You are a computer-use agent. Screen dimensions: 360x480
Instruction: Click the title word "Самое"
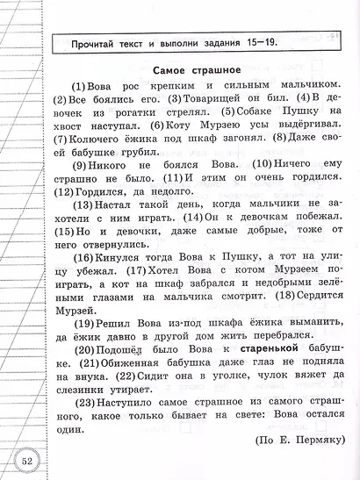click(x=169, y=71)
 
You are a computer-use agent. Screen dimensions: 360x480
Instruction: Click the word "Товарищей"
click(x=181, y=99)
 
